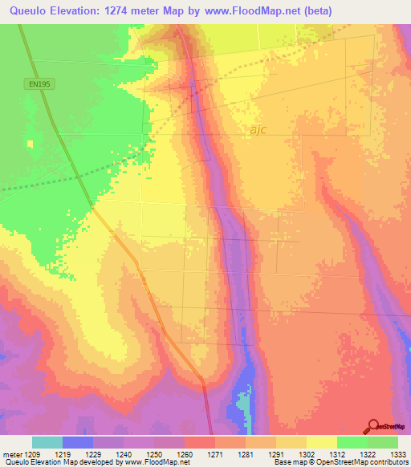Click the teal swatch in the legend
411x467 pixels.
point(47,442)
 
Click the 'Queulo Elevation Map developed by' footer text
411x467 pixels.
point(56,462)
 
